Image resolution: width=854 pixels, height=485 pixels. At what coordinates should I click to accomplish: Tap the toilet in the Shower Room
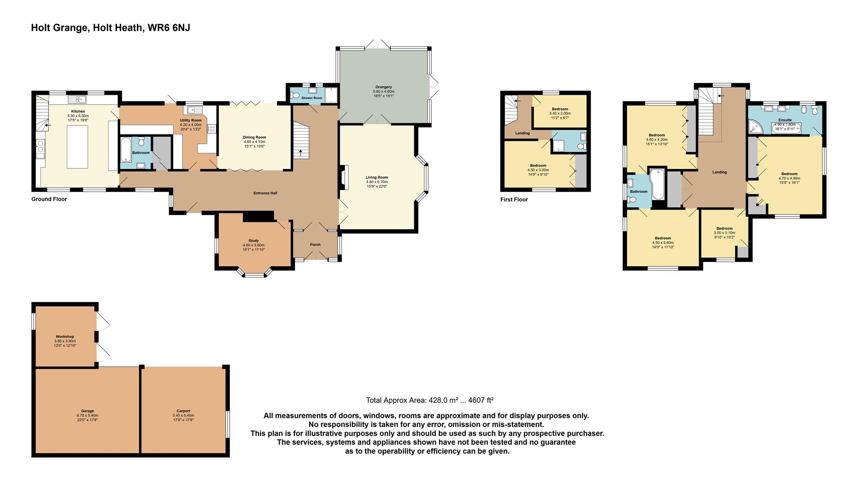[x=294, y=95]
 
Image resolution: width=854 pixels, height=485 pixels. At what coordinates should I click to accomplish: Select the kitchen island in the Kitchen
[x=77, y=146]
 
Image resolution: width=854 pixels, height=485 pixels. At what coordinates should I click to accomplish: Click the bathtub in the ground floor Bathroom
[x=125, y=152]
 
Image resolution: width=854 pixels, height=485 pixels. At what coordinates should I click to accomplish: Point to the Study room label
[x=254, y=241]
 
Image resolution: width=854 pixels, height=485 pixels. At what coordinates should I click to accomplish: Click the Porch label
[x=315, y=245]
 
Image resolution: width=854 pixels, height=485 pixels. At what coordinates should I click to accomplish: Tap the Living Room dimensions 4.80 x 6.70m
[x=377, y=182]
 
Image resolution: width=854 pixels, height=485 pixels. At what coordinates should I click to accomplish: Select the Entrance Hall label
[x=265, y=193]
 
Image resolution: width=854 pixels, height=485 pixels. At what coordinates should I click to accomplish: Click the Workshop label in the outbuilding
[x=65, y=336]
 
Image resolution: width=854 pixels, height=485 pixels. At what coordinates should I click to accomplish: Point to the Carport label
[x=183, y=411]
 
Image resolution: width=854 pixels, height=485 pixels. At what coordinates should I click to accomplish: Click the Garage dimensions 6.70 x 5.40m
[x=87, y=415]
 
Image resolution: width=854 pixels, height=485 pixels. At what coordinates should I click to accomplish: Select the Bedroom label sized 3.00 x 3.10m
[x=724, y=229]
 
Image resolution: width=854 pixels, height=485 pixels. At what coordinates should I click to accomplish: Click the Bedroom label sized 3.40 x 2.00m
[x=560, y=109]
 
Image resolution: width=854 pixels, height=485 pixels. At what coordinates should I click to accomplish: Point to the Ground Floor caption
[x=49, y=199]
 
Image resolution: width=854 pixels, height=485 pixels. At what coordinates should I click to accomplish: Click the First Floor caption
[x=514, y=199]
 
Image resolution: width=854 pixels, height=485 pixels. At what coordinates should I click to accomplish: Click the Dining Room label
[x=255, y=137]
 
